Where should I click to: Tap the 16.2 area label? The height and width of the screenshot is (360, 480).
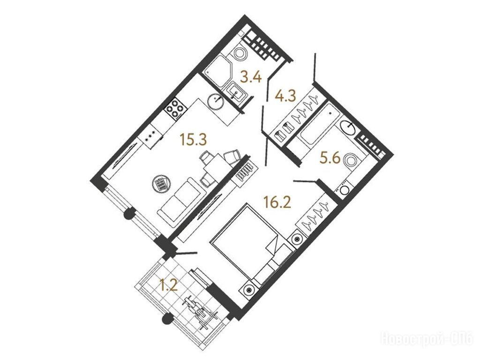click(x=277, y=202)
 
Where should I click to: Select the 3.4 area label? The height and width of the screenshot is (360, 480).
click(x=251, y=77)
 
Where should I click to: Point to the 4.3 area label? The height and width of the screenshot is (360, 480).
click(x=285, y=96)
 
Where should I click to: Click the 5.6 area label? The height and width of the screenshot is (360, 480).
click(x=330, y=158)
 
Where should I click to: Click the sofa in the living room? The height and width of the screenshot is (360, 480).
click(x=181, y=202)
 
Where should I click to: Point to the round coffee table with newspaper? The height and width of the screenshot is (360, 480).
click(x=161, y=184)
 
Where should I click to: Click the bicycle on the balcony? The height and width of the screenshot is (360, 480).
click(x=200, y=310)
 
